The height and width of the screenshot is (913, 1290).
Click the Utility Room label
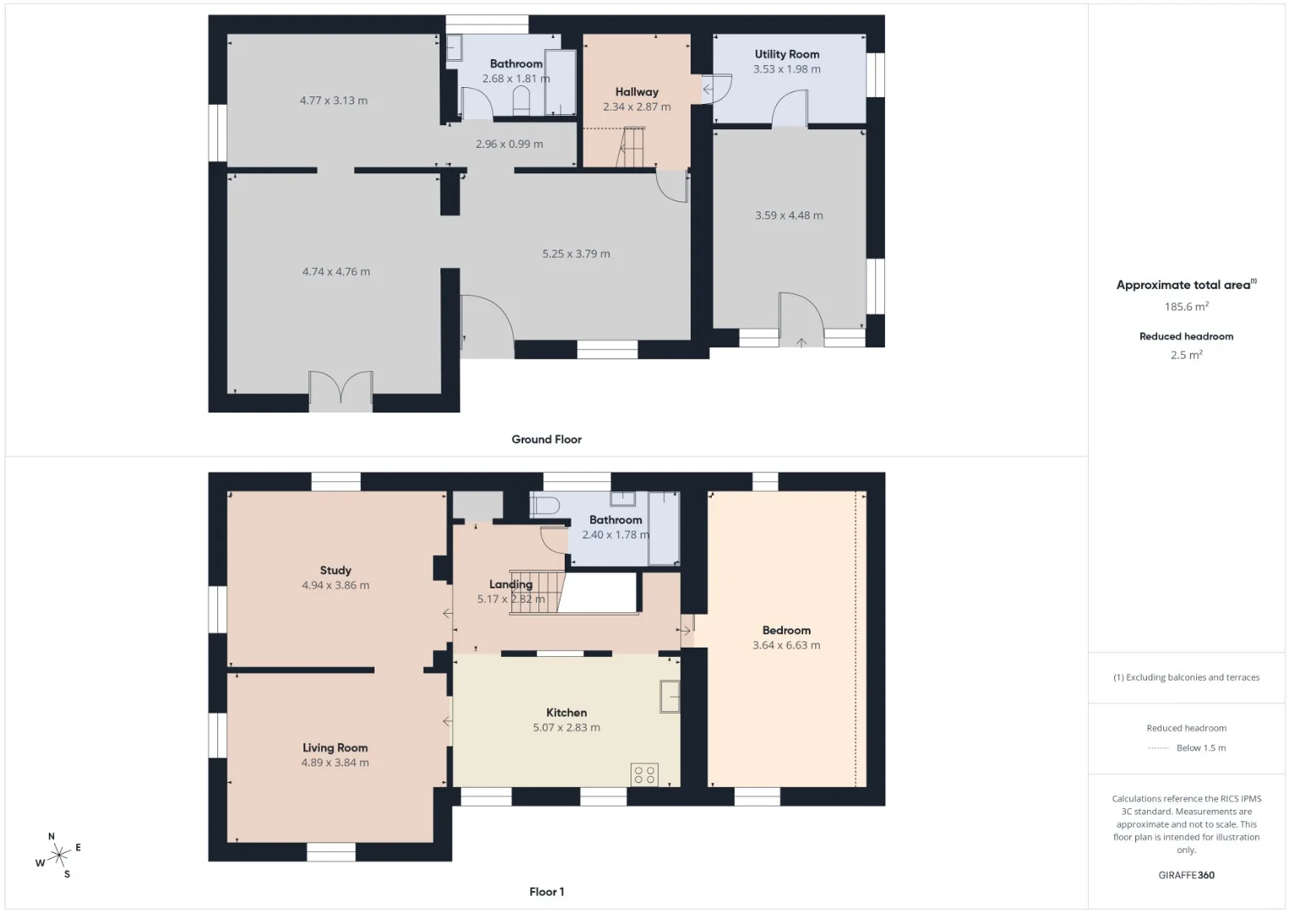(787, 54)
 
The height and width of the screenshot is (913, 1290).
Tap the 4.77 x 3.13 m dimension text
(333, 101)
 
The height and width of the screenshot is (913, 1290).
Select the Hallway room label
(637, 91)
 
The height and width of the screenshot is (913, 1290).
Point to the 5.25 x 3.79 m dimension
(576, 254)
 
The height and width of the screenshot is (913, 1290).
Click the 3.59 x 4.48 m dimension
(789, 216)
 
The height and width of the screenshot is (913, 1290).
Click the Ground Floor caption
(547, 440)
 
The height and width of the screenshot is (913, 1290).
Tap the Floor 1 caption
(547, 892)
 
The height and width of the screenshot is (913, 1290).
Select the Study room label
(335, 571)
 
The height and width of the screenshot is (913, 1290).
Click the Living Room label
(335, 747)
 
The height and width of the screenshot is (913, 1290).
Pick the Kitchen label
(566, 713)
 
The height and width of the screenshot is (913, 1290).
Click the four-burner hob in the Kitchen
(644, 774)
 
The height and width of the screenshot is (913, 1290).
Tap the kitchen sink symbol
(670, 697)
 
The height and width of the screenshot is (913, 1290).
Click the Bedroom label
(786, 630)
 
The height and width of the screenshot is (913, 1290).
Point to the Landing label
(511, 584)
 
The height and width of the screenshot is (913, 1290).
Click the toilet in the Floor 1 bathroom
(544, 506)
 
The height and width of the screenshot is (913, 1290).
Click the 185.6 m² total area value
(1186, 306)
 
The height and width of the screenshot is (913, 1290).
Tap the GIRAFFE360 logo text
(1186, 875)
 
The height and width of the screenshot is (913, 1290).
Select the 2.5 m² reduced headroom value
(1186, 355)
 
